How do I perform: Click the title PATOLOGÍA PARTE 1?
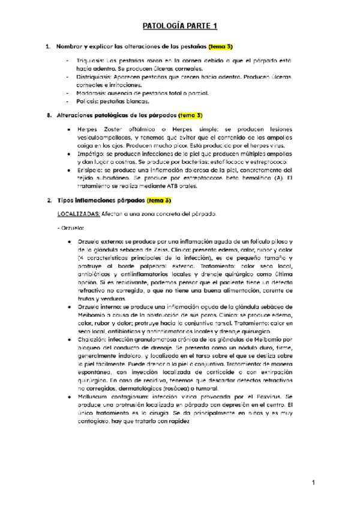point(179,26)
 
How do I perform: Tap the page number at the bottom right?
point(313,483)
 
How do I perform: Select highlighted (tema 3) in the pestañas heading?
point(220,47)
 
